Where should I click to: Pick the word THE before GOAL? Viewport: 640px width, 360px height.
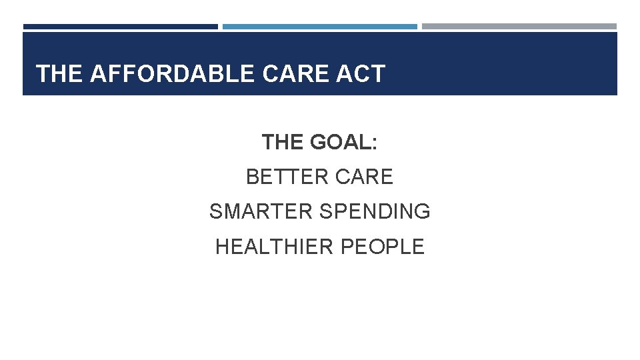click(x=282, y=142)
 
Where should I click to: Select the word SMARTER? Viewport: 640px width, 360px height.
click(x=261, y=211)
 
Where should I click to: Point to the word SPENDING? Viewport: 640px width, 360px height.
click(x=375, y=211)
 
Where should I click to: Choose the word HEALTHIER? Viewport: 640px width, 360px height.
click(x=275, y=247)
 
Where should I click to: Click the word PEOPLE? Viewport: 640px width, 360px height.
click(x=382, y=247)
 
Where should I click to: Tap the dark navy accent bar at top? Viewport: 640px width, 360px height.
click(x=120, y=27)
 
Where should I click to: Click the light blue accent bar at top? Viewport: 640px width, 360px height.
click(x=319, y=27)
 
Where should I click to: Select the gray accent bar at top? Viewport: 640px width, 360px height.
click(x=519, y=27)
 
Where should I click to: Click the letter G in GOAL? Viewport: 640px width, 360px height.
click(x=317, y=142)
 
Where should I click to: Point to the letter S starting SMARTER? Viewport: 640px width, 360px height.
click(x=215, y=211)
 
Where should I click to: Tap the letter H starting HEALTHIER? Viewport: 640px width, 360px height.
click(x=222, y=247)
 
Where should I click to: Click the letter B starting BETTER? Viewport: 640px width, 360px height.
click(x=252, y=177)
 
